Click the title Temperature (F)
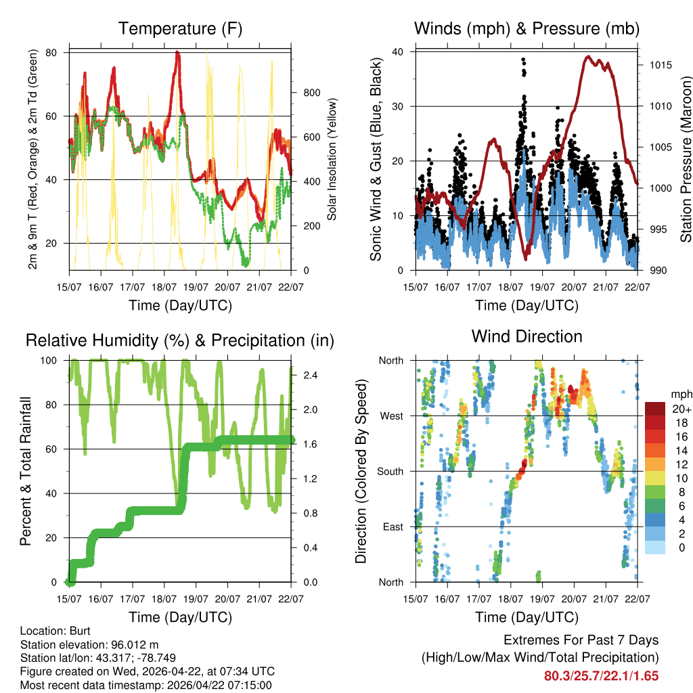click(x=180, y=28)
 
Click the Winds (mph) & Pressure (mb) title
click(x=527, y=28)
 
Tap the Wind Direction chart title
click(x=527, y=336)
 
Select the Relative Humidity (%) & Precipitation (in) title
click(x=180, y=340)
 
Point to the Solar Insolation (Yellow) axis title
click(x=332, y=160)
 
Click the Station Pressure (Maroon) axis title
click(x=686, y=160)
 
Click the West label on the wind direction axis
click(x=391, y=416)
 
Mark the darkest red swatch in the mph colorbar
click(x=656, y=409)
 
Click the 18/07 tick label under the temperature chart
click(x=164, y=287)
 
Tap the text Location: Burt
click(x=51, y=630)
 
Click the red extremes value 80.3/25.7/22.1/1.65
click(x=601, y=675)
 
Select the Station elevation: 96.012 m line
click(x=89, y=644)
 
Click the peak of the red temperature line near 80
click(x=177, y=53)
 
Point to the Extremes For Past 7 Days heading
click(x=581, y=640)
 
